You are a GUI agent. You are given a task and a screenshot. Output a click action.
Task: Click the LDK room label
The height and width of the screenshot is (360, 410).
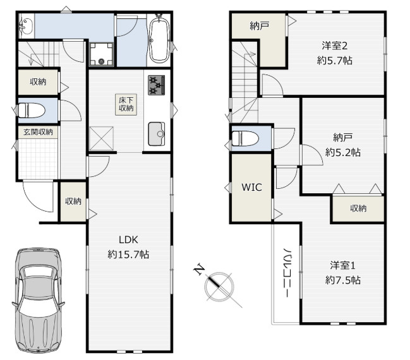(128, 239)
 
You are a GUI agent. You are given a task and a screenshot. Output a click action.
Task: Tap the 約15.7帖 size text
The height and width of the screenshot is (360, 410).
(128, 254)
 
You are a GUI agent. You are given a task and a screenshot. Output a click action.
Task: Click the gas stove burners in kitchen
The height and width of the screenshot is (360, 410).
(157, 85)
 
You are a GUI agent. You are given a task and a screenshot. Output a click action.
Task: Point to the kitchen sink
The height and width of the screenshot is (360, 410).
(157, 134)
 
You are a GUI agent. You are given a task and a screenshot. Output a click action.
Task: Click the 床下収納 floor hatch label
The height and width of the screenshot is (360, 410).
(126, 104)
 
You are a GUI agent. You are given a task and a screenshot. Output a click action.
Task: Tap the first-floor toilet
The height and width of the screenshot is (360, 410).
(30, 111)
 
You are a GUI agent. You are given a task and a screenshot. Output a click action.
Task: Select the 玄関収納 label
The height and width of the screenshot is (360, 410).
(38, 132)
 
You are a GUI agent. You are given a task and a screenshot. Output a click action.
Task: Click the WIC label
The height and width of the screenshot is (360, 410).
(251, 187)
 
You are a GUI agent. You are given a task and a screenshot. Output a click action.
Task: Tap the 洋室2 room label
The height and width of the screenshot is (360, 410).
(334, 46)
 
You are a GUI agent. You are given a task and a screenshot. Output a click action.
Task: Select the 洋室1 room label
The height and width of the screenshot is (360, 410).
(342, 266)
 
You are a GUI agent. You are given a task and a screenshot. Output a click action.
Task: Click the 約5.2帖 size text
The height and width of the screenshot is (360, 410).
(342, 152)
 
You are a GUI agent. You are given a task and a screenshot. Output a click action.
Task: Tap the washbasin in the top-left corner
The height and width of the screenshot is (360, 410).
(26, 26)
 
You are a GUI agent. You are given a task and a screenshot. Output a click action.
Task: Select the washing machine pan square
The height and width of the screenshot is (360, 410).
(101, 54)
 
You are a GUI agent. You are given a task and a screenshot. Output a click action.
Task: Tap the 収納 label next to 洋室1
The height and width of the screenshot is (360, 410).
(358, 208)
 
